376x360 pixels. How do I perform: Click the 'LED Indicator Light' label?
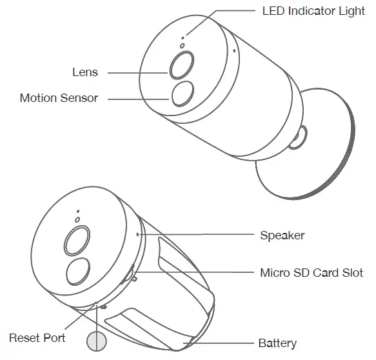point(313,11)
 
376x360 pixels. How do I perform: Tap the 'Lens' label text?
point(85,72)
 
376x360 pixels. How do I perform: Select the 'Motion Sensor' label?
point(59,98)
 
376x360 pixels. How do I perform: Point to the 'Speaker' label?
point(282,235)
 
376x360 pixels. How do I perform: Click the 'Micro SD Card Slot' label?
point(312,273)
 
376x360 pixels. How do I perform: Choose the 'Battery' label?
point(277,343)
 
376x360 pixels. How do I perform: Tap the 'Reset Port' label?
point(37,338)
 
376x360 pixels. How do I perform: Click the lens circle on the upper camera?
point(182,65)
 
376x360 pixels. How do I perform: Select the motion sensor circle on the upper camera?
point(183,94)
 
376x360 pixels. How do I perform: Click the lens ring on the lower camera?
point(77,241)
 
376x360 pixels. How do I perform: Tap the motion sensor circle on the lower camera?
point(78,272)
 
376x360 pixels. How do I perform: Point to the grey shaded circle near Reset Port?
point(97,341)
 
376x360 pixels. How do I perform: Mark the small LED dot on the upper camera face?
point(183,38)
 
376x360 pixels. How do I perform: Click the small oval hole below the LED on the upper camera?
point(183,46)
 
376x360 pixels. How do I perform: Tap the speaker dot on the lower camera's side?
point(137,234)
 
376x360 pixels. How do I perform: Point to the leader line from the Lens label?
point(137,73)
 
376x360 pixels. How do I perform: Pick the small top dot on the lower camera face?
point(78,212)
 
